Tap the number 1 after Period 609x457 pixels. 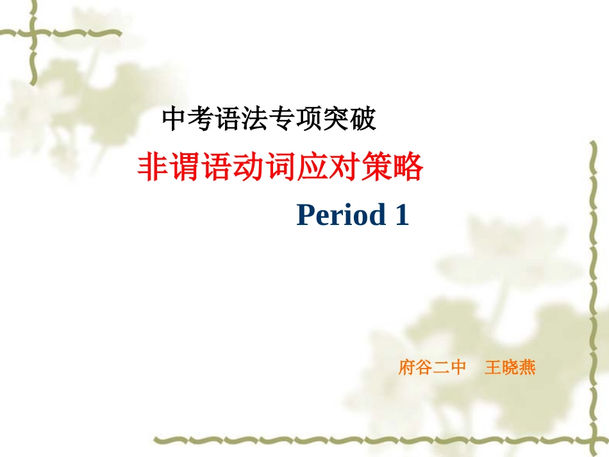tap(402, 215)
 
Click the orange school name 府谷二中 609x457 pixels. tap(432, 368)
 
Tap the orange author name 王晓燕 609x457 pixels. tap(510, 368)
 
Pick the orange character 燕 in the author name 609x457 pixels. tap(527, 368)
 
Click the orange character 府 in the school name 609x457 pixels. tap(407, 368)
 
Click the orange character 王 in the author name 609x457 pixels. tap(493, 368)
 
